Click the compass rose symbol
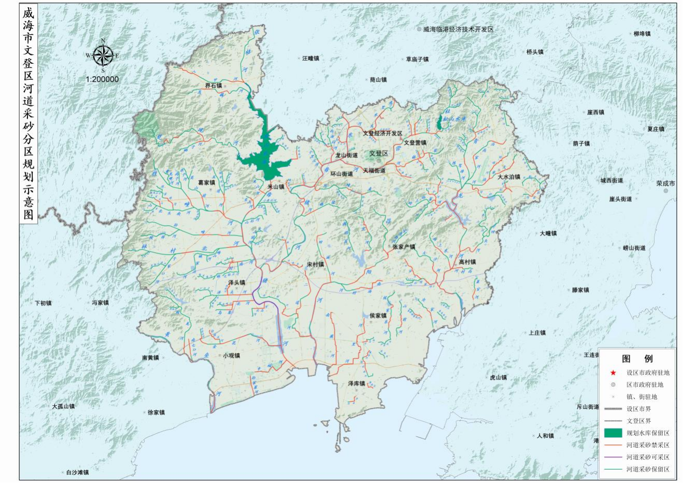pos(103,55)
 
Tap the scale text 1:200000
pos(102,79)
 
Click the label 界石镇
pos(213,86)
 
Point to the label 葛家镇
pos(206,183)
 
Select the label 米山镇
pos(276,187)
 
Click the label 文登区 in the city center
pos(379,154)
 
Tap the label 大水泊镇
pos(509,177)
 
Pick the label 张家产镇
pos(404,247)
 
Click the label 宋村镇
pos(315,264)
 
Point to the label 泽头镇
pos(236,283)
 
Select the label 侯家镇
pos(378,315)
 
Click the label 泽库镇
pos(356,383)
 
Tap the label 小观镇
pos(231,356)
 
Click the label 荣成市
pos(665,184)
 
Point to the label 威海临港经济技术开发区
pos(458,30)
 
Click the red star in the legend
pos(613,372)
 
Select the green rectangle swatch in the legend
pos(613,433)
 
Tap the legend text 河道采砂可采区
pos(648,457)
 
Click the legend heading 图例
pos(637,358)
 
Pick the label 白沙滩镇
pos(77,473)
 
